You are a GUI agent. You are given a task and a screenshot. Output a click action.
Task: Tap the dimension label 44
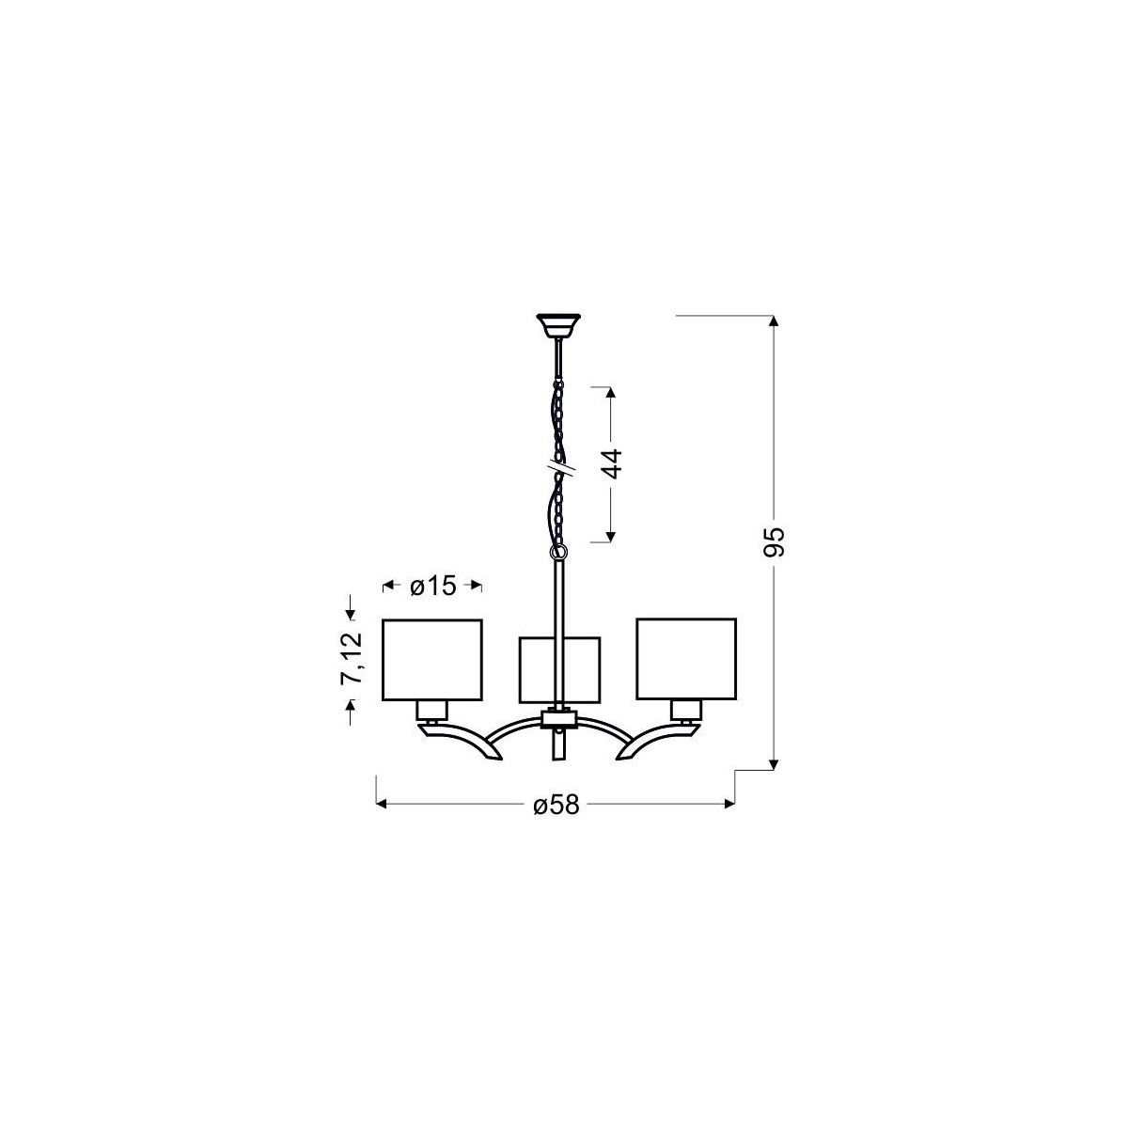coord(612,465)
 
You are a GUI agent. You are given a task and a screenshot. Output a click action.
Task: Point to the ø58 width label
coord(555,806)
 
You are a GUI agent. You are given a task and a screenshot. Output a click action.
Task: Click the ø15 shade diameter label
coord(433,587)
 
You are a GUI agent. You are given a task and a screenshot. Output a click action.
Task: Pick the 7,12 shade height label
coord(352,661)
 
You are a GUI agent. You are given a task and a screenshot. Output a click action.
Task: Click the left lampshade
coord(431,660)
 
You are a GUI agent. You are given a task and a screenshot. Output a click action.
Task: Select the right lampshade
coord(686,658)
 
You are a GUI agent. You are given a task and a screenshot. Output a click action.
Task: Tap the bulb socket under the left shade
coord(432,710)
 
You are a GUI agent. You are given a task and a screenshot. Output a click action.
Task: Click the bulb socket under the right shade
coord(685,710)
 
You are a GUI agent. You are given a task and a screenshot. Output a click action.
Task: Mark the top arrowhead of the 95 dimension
coord(774,323)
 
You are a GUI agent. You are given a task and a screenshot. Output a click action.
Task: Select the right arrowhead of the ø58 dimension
coord(728,805)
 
